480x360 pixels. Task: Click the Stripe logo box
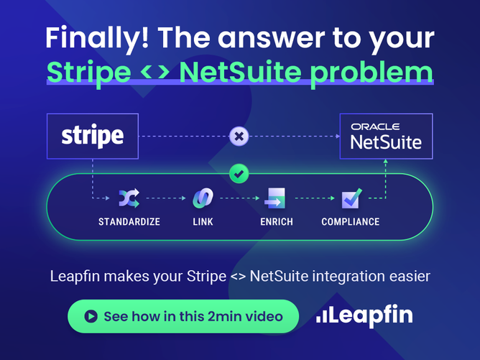(x=93, y=135)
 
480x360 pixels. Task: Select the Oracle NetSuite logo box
(x=386, y=135)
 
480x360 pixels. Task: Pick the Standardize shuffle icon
(x=129, y=197)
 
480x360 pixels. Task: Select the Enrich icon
(x=276, y=198)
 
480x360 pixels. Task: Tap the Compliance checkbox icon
(x=351, y=197)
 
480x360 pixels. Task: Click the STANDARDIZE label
(x=129, y=221)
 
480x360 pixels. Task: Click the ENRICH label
(x=277, y=221)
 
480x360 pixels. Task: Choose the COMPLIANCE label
(x=351, y=221)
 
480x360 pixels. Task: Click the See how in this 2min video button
(x=183, y=316)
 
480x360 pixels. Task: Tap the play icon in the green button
(x=91, y=316)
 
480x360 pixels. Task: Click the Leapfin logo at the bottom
(x=364, y=315)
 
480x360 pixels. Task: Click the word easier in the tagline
(x=407, y=277)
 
